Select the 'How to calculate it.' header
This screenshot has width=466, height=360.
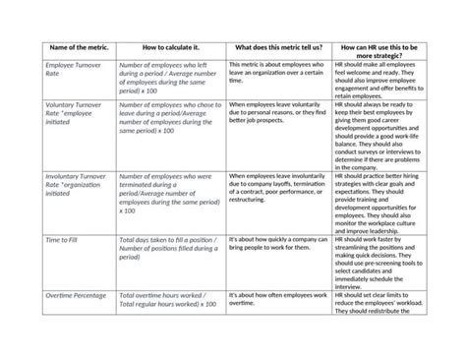tap(170, 46)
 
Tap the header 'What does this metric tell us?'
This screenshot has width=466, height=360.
tap(278, 46)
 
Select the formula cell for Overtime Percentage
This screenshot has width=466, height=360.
tap(167, 299)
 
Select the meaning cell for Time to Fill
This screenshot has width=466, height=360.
tap(276, 244)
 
